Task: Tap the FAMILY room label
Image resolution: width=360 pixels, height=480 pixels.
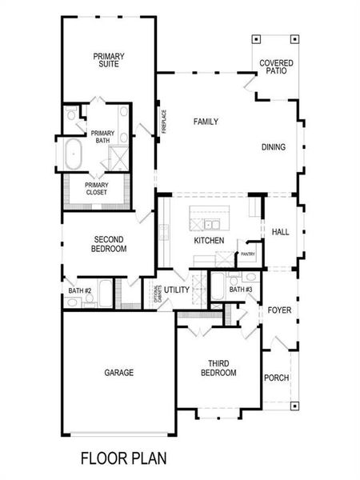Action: click(206, 122)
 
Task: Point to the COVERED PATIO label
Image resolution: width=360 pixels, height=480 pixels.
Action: click(275, 67)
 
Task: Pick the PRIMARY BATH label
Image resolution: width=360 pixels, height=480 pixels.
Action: click(102, 137)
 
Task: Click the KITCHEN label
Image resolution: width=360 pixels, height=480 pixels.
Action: click(209, 241)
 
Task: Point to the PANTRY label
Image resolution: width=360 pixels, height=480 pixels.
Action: click(247, 254)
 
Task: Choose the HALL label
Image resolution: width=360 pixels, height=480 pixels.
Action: click(279, 232)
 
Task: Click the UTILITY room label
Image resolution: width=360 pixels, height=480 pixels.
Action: click(177, 289)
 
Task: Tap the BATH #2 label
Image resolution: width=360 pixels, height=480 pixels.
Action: click(80, 290)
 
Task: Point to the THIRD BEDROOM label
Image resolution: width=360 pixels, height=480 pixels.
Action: click(218, 367)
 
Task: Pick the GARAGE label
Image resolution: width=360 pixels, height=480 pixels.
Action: click(118, 373)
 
